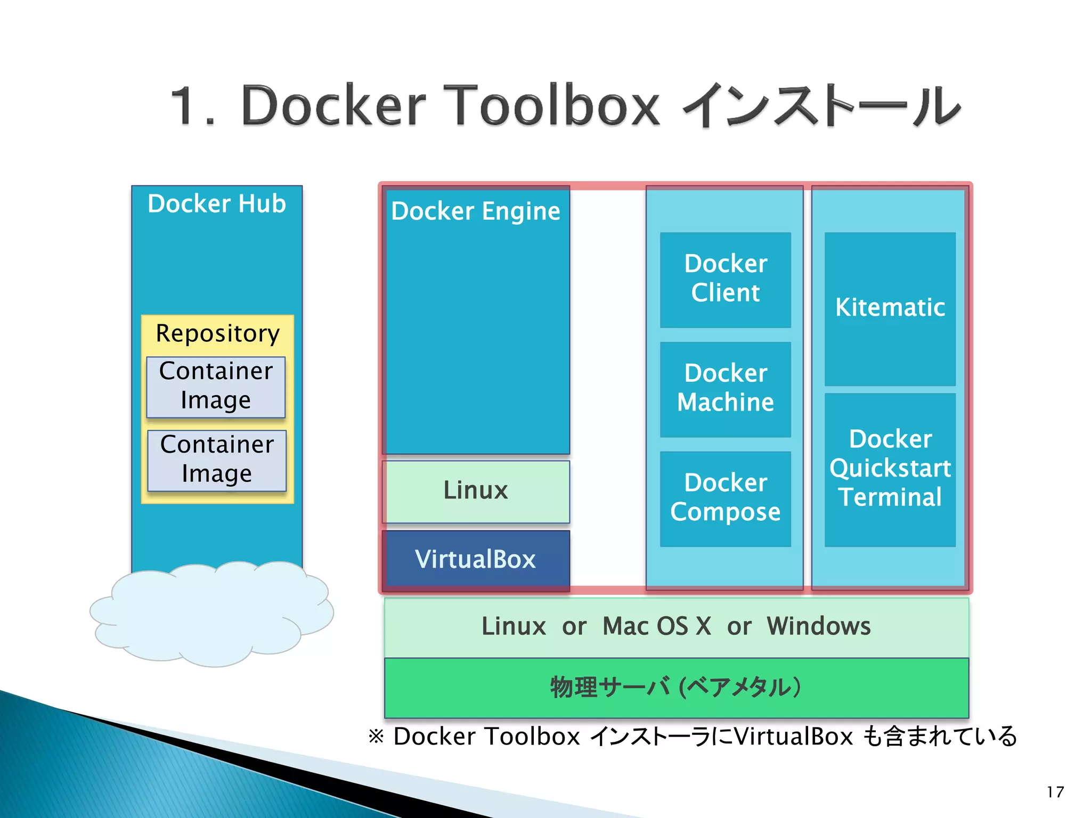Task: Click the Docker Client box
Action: pyautogui.click(x=725, y=279)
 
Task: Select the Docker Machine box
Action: pyautogui.click(x=725, y=389)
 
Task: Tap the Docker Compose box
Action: pyautogui.click(x=725, y=498)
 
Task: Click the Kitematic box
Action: pyautogui.click(x=890, y=308)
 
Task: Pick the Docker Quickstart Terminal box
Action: pyautogui.click(x=890, y=469)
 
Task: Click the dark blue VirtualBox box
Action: pyautogui.click(x=476, y=560)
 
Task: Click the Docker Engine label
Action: pyautogui.click(x=476, y=211)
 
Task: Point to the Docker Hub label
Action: pyautogui.click(x=217, y=204)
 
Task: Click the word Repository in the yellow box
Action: pyautogui.click(x=217, y=334)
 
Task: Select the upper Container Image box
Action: pyautogui.click(x=216, y=387)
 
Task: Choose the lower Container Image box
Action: pyautogui.click(x=217, y=460)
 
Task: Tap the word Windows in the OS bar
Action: pyautogui.click(x=819, y=626)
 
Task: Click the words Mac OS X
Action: pyautogui.click(x=656, y=626)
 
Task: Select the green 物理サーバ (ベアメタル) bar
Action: pyautogui.click(x=676, y=688)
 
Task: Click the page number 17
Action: pyautogui.click(x=1055, y=792)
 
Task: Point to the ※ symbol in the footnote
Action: pyautogui.click(x=376, y=737)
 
